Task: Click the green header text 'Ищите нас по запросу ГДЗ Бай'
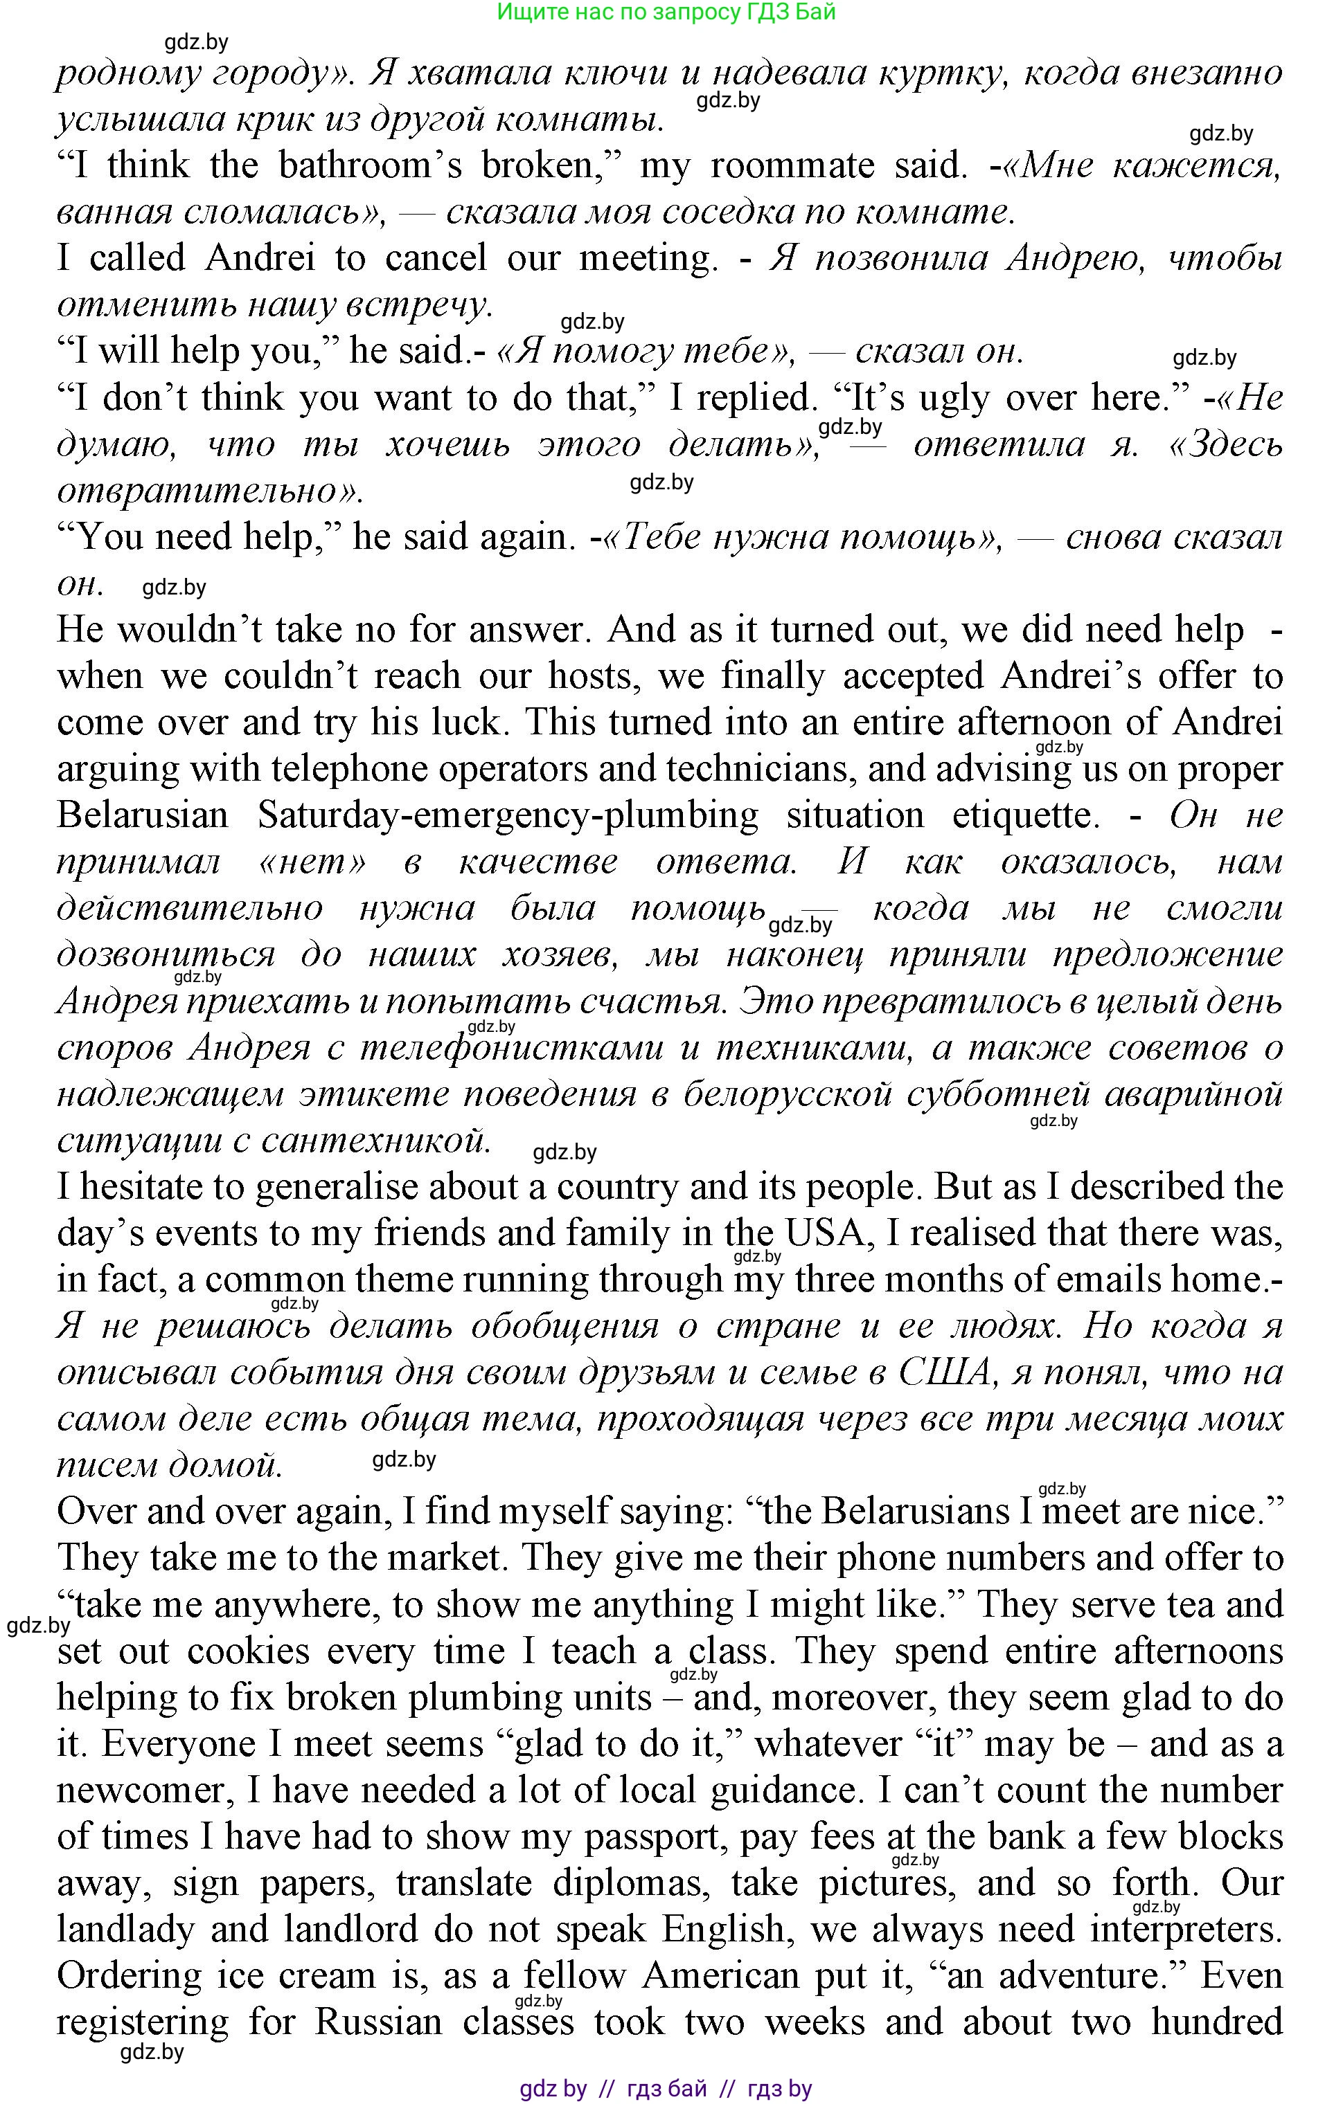click(x=666, y=12)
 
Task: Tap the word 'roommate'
click(x=792, y=166)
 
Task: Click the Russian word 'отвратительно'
click(x=197, y=491)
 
